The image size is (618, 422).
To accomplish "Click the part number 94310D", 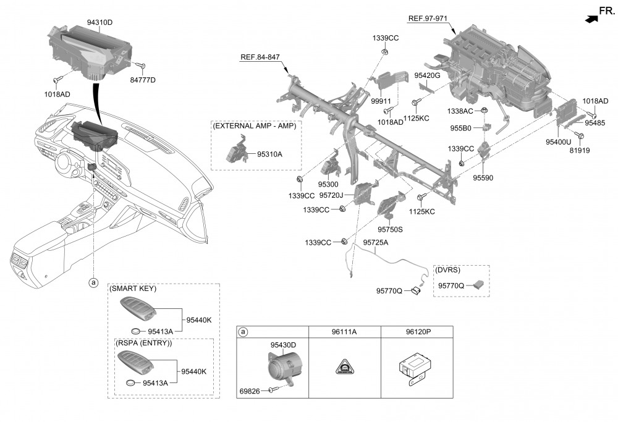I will [x=99, y=22].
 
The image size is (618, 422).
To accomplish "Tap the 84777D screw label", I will [x=143, y=80].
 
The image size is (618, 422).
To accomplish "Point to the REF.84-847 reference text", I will [x=260, y=57].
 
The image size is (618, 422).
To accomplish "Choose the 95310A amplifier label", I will [x=269, y=153].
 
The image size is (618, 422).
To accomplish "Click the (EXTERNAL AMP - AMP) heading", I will [x=254, y=125].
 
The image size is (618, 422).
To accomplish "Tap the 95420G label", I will [x=427, y=75].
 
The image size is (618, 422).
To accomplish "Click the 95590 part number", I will [x=483, y=177].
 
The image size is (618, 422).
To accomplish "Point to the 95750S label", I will [x=391, y=229].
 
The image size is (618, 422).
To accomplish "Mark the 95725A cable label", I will [x=376, y=242].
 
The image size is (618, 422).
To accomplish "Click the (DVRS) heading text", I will [x=448, y=270].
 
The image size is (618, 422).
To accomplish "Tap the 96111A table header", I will [x=344, y=332].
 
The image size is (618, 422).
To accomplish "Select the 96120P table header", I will [x=418, y=332].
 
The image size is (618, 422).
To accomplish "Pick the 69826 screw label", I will [x=252, y=390].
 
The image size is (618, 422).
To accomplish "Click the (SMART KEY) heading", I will [x=133, y=289].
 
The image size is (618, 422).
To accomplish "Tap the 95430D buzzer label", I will [x=283, y=345].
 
